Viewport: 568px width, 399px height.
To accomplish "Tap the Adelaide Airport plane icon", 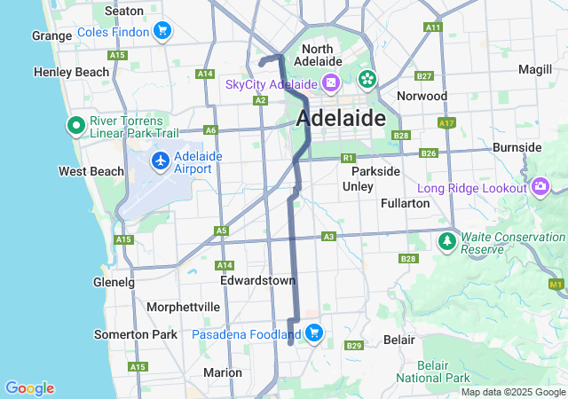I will [160, 160].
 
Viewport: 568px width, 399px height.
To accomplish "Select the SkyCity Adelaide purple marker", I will [330, 83].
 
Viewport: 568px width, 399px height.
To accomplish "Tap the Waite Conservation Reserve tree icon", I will [447, 240].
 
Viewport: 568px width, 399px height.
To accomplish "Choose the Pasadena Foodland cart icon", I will [313, 333].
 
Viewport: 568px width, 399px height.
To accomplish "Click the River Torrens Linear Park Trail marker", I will [75, 125].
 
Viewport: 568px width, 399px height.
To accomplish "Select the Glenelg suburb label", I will [114, 282].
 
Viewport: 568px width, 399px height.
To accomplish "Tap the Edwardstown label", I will [257, 280].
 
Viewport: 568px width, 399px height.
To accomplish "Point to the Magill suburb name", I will [534, 69].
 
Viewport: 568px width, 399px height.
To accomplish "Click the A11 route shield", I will [432, 27].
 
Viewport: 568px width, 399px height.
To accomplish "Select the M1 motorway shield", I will [556, 284].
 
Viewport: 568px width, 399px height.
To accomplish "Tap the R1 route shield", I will [348, 158].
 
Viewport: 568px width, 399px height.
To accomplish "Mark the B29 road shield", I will [354, 345].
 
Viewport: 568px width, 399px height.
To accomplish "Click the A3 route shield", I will [328, 237].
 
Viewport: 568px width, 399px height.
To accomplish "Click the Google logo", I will [29, 388].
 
